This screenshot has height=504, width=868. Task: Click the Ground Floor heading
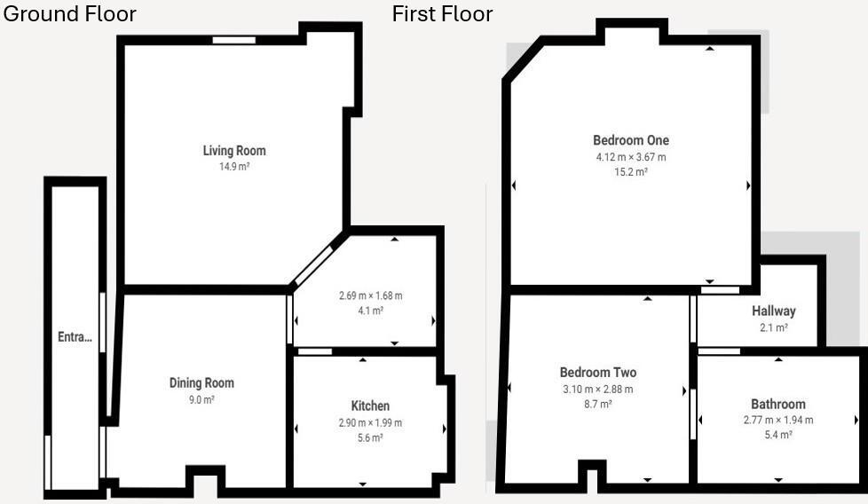pyautogui.click(x=70, y=14)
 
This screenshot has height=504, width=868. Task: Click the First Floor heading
pyautogui.click(x=442, y=14)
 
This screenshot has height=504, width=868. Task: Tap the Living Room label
pyautogui.click(x=234, y=151)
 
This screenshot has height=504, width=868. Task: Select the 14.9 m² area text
pyautogui.click(x=234, y=166)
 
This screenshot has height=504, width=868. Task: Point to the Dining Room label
pyautogui.click(x=201, y=383)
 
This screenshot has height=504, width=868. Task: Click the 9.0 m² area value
pyautogui.click(x=201, y=399)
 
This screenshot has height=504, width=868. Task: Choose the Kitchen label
pyautogui.click(x=370, y=406)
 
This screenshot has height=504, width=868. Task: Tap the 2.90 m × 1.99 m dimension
pyautogui.click(x=370, y=422)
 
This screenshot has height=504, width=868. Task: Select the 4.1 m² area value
pyautogui.click(x=370, y=311)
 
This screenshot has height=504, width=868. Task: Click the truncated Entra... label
pyautogui.click(x=75, y=337)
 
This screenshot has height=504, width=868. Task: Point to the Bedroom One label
pyautogui.click(x=631, y=140)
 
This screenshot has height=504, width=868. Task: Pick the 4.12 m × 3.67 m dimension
pyautogui.click(x=631, y=157)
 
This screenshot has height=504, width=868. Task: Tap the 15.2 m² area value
pyautogui.click(x=631, y=172)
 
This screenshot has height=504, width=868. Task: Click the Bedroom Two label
pyautogui.click(x=597, y=373)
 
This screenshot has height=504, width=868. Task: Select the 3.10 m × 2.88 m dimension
pyautogui.click(x=597, y=389)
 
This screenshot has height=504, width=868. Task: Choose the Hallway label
pyautogui.click(x=774, y=311)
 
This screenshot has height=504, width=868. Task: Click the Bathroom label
pyautogui.click(x=778, y=404)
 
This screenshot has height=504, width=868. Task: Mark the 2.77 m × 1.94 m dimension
pyautogui.click(x=778, y=420)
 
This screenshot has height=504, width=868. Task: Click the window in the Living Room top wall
pyautogui.click(x=234, y=40)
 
